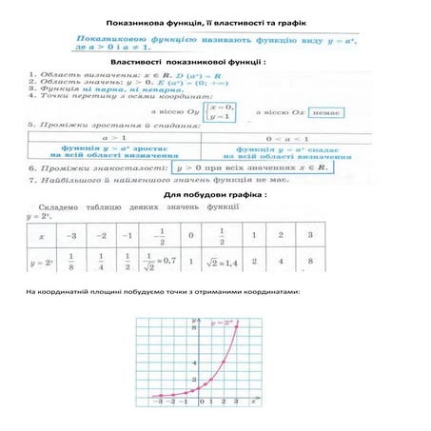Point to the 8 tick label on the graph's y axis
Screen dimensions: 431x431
pos(194,327)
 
